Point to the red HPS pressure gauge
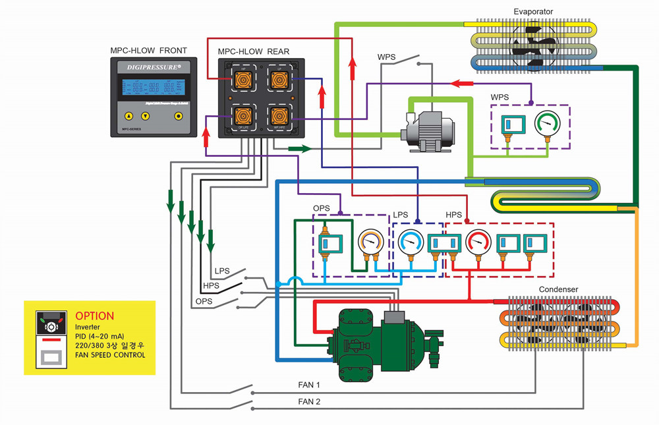click(478, 243)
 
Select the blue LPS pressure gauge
click(411, 243)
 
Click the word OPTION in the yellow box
click(94, 316)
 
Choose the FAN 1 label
click(309, 385)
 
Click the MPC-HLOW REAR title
click(253, 51)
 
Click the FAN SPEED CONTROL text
click(110, 355)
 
